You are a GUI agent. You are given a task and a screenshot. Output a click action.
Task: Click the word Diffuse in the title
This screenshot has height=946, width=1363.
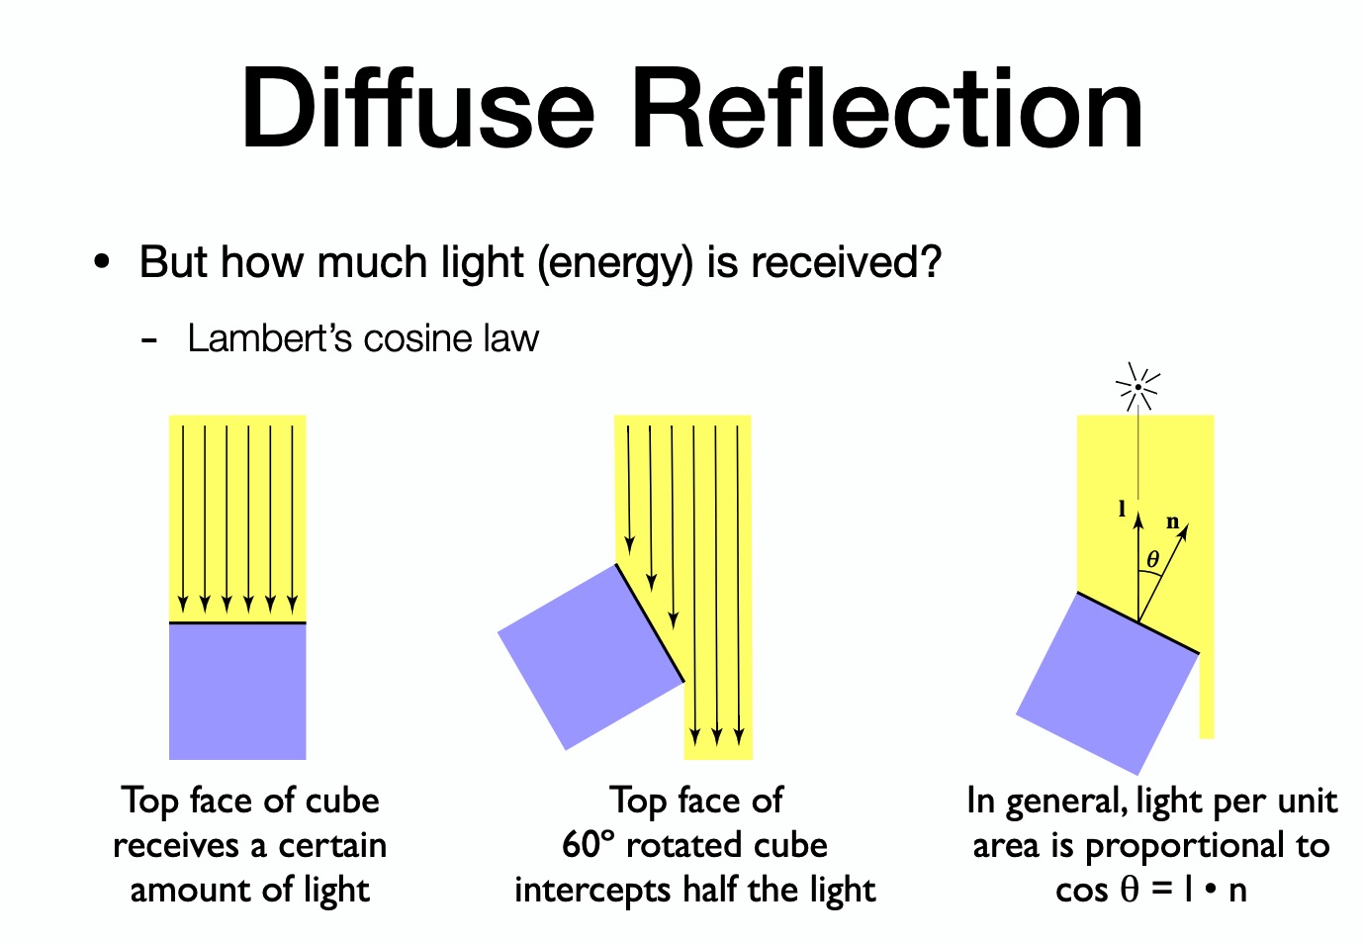(416, 108)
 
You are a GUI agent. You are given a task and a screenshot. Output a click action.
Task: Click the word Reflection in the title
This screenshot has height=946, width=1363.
(887, 108)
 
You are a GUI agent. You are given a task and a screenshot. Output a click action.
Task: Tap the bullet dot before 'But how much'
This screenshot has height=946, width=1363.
(101, 263)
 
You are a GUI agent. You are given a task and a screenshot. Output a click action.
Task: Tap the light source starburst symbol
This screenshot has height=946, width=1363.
(1137, 387)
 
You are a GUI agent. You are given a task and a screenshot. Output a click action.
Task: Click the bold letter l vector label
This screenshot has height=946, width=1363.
(1122, 509)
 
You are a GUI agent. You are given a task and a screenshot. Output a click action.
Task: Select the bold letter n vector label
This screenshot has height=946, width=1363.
(1172, 521)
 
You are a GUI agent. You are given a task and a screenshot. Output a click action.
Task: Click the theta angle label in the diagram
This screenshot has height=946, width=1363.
(1152, 560)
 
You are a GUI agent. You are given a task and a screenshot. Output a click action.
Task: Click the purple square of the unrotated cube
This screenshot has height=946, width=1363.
(237, 691)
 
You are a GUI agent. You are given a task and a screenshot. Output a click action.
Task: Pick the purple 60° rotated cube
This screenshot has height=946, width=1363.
(590, 655)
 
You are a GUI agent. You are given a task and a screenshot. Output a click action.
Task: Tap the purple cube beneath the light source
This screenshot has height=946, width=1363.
(1108, 683)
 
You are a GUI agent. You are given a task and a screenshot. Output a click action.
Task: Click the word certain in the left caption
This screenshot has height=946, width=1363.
(331, 845)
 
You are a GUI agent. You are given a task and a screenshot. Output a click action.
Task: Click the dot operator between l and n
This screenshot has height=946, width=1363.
(1209, 891)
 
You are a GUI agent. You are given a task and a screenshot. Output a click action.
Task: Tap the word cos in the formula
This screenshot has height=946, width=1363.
(1081, 891)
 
